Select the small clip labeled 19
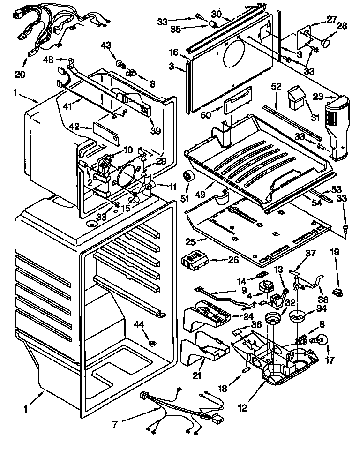coord(337,293)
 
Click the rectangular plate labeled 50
coord(235,105)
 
